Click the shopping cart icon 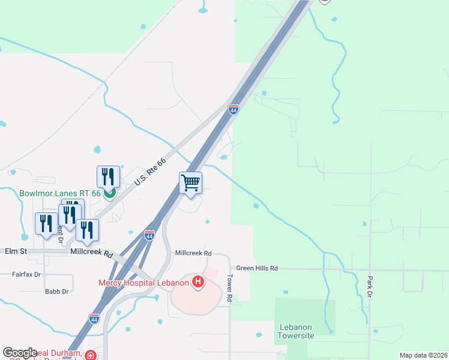(190, 182)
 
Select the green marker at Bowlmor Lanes (109, 193)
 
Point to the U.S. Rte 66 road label (149, 172)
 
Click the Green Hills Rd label (257, 268)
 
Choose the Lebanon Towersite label (297, 331)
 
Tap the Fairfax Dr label (26, 274)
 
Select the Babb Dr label (57, 292)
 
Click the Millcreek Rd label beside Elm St (92, 254)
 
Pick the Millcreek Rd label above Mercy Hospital (193, 253)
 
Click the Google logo (20, 353)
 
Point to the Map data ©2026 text (423, 355)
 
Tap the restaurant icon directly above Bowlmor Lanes (108, 176)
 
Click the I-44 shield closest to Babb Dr (94, 318)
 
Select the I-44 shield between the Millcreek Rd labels (149, 236)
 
